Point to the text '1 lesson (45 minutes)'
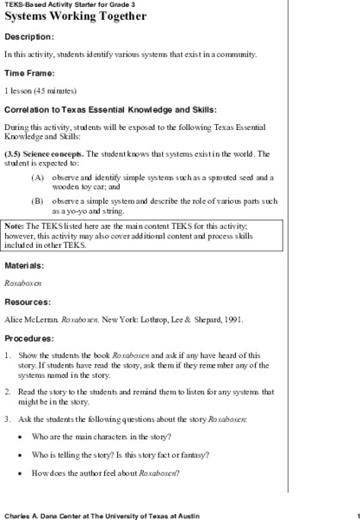(40, 90)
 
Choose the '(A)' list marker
(37, 177)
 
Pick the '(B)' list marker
(37, 200)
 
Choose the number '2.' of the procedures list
(8, 392)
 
